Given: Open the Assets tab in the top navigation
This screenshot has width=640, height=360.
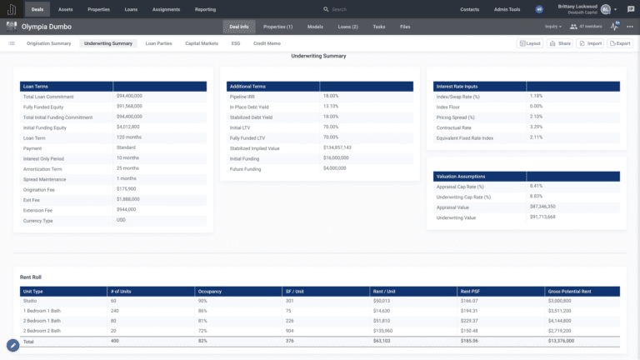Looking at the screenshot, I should click(66, 9).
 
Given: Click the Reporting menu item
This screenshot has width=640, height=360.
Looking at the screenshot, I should click(205, 9).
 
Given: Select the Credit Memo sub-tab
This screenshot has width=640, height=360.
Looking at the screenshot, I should click(267, 42).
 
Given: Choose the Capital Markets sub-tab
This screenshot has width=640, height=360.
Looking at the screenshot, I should click(202, 42).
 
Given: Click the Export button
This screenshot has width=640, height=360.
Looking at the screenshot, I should click(620, 42).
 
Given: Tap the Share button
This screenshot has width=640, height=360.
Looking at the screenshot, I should click(561, 42).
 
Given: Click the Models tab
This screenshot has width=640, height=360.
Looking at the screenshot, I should click(315, 27).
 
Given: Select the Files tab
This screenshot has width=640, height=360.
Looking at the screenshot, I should click(405, 27).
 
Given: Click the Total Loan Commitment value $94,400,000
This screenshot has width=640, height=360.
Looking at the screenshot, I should click(130, 97).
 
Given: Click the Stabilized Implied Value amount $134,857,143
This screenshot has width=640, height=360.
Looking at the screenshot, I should click(337, 147).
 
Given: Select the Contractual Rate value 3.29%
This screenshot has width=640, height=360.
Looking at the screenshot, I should click(536, 127).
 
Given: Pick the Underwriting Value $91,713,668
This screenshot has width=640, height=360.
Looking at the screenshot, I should click(542, 217).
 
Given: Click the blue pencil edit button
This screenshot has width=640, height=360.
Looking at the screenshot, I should click(13, 345).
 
